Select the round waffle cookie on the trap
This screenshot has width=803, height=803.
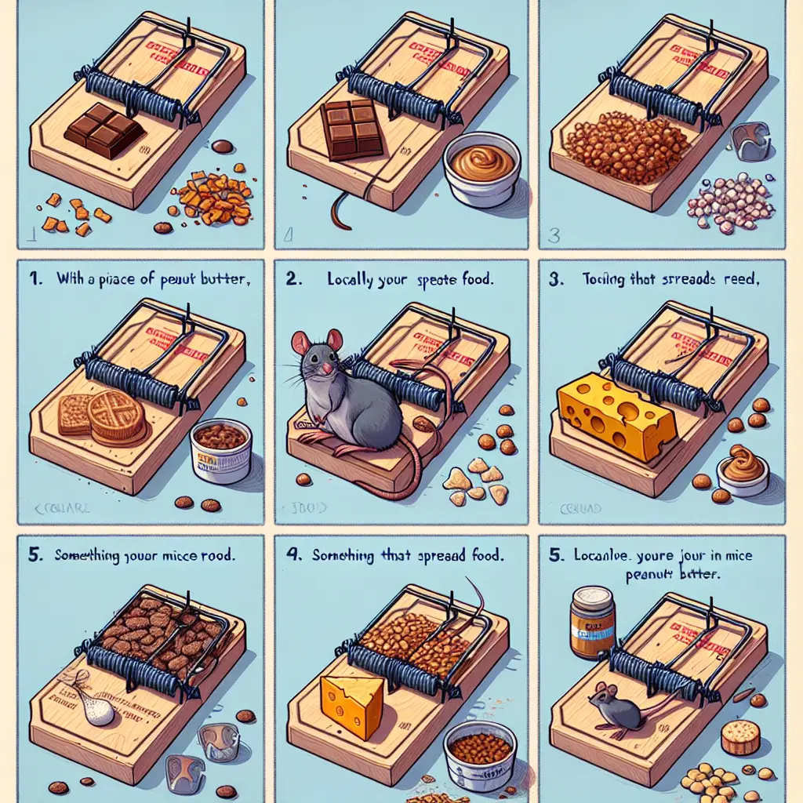115,414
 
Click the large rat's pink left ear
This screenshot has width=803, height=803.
301,343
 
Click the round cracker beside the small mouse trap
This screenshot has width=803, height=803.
740,737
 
